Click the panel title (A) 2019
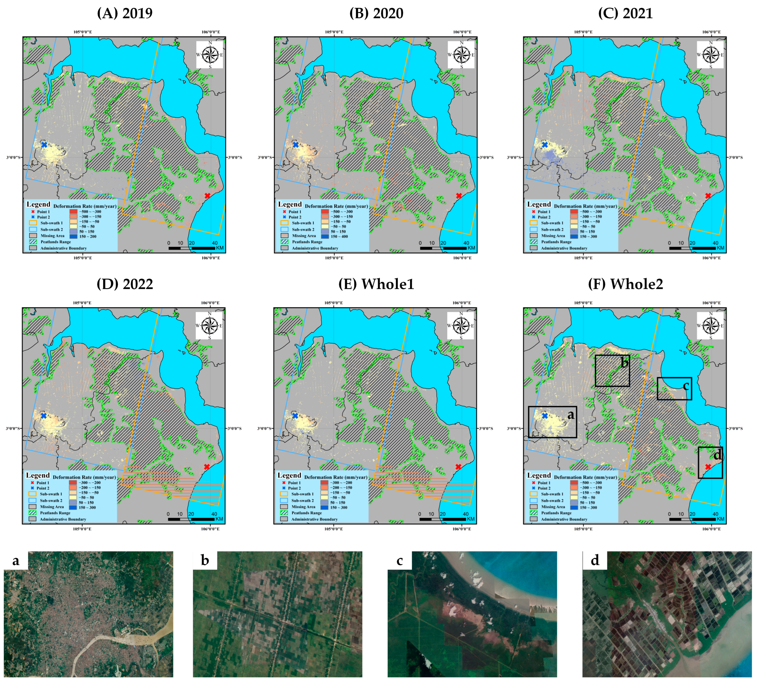[x=125, y=14]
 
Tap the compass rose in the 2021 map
[x=710, y=55]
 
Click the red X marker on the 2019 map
[x=207, y=196]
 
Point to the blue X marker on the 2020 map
[x=296, y=145]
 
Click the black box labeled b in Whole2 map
[x=612, y=371]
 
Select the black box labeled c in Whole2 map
[x=674, y=388]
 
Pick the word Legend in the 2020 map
[x=290, y=204]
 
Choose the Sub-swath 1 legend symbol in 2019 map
[x=33, y=223]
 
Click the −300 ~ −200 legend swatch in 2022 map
[x=73, y=483]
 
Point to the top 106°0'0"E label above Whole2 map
[x=711, y=303]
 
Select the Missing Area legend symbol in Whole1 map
[x=284, y=507]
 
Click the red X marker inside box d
[x=708, y=467]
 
